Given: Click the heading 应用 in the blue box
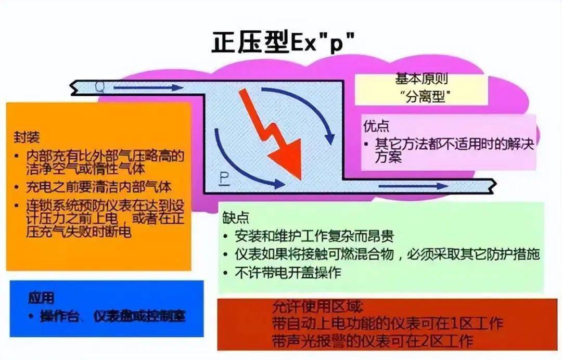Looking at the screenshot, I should coord(41,298).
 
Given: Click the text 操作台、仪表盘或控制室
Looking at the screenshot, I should coord(112,316).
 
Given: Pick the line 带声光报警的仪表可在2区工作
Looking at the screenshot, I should coord(373,341).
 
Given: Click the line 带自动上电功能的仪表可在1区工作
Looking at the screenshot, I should coord(387,324).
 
